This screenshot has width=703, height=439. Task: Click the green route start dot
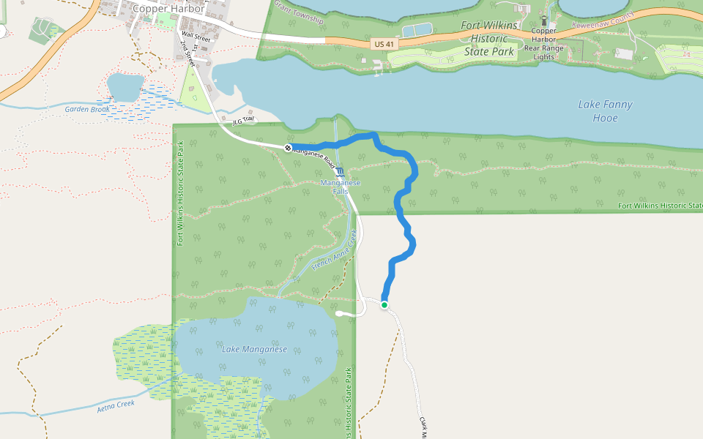tap(384, 304)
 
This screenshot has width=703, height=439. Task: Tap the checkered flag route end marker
tap(288, 149)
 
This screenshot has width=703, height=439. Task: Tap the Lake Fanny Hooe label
tap(605, 111)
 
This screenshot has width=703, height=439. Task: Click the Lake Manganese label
tap(254, 349)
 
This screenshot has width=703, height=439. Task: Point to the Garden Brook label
tap(86, 110)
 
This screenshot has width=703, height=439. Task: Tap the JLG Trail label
tap(242, 121)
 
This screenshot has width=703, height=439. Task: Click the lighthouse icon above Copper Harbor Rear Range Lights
tap(543, 21)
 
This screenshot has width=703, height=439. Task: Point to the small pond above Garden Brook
tap(125, 86)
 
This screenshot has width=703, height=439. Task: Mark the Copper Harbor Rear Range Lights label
tap(543, 44)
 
